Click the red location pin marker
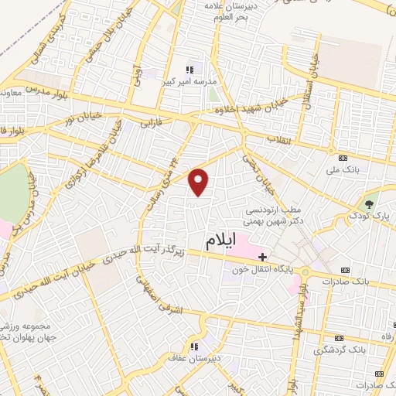[200, 182]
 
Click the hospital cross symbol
[263, 257]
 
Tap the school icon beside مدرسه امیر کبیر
[189, 69]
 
